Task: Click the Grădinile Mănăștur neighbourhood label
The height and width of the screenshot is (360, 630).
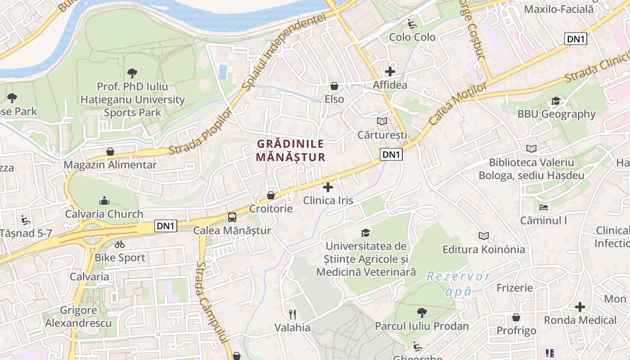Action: point(290,150)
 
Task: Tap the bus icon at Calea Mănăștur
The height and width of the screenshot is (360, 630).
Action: point(232,217)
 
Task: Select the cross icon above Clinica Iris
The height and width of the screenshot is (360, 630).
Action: point(328,187)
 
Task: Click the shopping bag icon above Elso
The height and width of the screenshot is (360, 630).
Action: point(334,85)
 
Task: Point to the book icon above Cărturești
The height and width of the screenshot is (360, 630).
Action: point(382,121)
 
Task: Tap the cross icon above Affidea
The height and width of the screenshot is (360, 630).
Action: point(390,71)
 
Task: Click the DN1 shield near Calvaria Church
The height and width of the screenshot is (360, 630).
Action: point(166,226)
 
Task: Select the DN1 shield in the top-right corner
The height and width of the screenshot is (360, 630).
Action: point(576,39)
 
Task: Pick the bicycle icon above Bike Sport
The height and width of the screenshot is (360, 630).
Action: point(120,244)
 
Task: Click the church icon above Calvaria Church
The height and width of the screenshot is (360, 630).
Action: point(104,200)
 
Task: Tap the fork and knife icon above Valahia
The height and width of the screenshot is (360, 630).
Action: point(292,314)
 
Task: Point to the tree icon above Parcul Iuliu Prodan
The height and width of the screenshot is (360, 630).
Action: point(422,312)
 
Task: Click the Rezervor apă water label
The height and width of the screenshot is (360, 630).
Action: point(458,283)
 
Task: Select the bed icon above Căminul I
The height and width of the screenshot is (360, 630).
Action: point(544,207)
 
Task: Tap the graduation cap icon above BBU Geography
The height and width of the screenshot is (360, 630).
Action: point(556,101)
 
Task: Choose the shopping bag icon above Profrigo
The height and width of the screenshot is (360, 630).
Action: point(516,317)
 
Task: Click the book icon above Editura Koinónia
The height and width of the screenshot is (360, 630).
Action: point(484,236)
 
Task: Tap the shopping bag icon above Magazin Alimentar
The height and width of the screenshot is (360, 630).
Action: point(110,152)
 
